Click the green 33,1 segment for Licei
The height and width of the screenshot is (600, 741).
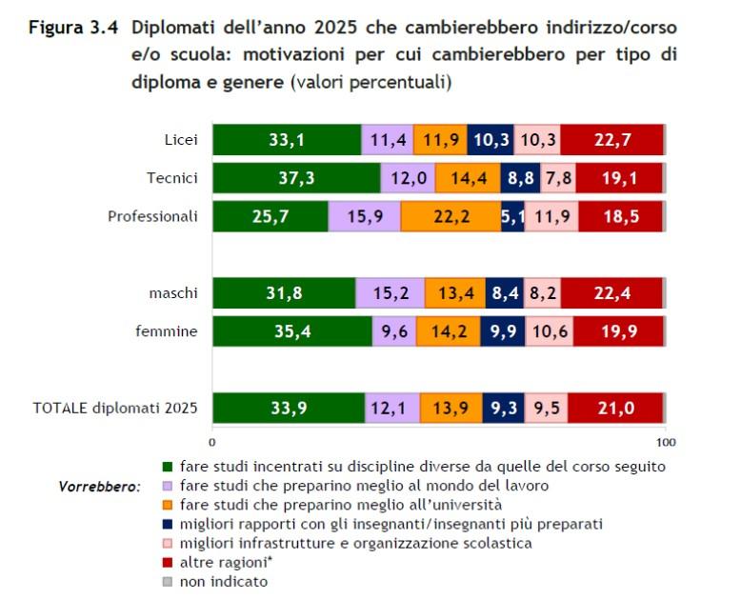pos(287,140)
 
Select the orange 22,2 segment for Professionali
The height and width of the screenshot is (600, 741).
pos(451,217)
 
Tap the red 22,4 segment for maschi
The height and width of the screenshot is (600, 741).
pos(611,293)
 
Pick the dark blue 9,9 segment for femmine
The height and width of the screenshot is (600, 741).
pos(503,331)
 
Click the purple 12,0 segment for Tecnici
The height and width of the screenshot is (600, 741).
pos(408,178)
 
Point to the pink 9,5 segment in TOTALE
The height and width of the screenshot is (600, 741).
pos(546,408)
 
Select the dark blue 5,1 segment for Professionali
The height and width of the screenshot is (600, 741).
pos(512,217)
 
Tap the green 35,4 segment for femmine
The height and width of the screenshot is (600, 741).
pos(291,331)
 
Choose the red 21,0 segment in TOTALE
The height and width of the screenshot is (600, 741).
pos(615,408)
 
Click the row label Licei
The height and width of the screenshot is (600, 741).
pos(180,140)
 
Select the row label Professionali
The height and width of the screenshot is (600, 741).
pos(152,216)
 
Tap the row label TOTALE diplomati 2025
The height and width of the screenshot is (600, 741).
pos(115,408)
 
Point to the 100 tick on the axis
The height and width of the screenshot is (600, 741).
pos(666,442)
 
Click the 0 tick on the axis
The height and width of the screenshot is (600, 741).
pos(212,442)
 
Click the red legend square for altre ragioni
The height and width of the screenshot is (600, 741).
pos(168,562)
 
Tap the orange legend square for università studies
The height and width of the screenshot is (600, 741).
pos(168,505)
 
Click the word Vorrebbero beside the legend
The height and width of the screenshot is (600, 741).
pos(99,486)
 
